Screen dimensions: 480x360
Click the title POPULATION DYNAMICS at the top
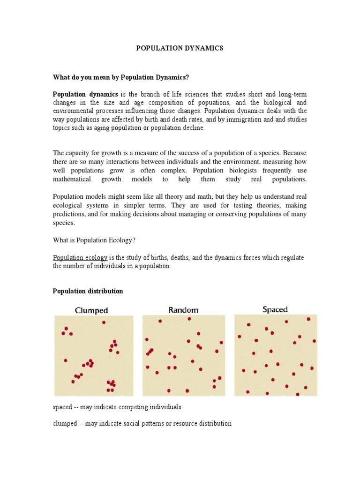pos(180,48)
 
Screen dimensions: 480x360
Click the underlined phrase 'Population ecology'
pos(80,258)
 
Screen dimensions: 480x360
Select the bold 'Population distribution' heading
pos(88,291)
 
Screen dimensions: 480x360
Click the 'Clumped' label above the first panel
pos(91,310)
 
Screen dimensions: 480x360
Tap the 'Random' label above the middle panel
pos(183,310)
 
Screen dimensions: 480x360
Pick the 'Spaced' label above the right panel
pos(275,309)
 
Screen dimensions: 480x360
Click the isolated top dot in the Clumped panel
pos(104,322)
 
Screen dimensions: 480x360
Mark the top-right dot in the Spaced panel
pos(308,319)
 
